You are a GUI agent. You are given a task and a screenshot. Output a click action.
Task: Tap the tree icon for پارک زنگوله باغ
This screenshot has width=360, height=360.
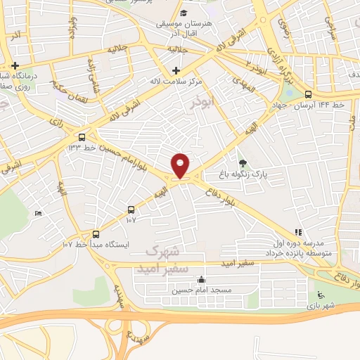(x=243, y=164)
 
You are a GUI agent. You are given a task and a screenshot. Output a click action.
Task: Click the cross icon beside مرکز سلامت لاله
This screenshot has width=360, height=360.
(x=176, y=70)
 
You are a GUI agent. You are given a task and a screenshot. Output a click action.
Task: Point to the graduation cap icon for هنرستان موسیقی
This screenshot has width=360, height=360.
(x=184, y=13)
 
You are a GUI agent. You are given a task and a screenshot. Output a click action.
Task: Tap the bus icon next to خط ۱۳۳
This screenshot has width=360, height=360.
(x=83, y=137)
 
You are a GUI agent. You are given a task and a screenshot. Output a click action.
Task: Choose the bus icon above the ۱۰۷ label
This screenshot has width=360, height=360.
(x=131, y=210)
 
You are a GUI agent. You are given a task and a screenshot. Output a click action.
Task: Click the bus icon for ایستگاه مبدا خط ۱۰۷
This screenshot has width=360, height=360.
(x=96, y=234)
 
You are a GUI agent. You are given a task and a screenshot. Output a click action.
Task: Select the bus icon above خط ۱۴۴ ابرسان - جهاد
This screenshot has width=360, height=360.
(x=309, y=94)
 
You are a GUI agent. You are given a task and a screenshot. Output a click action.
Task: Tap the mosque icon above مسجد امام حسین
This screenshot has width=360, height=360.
(x=202, y=279)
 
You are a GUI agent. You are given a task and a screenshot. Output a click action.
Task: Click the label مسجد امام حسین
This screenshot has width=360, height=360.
(x=202, y=289)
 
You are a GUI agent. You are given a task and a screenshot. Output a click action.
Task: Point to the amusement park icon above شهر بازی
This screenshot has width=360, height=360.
(x=321, y=295)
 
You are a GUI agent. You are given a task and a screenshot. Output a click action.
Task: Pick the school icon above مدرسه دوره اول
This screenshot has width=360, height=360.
(x=298, y=231)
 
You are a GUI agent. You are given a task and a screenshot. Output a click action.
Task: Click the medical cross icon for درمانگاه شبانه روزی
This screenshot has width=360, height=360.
(x=14, y=65)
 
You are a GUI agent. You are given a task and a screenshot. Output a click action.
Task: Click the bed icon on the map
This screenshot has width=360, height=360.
(x=38, y=213)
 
